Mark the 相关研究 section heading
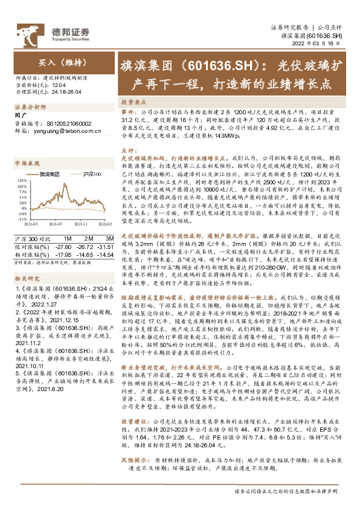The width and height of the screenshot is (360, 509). click(x=26, y=262)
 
